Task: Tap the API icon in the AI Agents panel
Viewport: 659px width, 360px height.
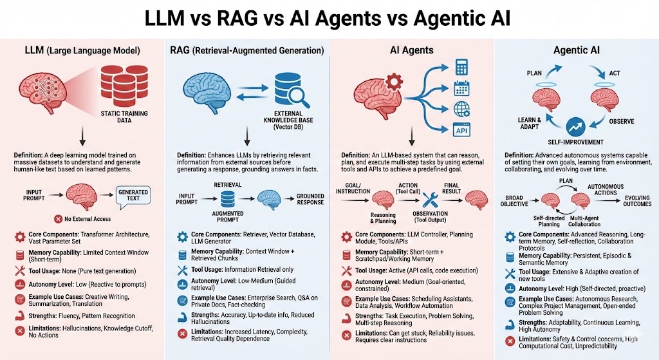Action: tap(461, 129)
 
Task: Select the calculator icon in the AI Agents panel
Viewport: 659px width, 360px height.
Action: tap(461, 67)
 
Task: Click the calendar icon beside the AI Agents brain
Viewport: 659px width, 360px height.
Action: tap(461, 88)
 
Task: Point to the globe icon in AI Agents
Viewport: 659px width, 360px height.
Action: tap(461, 108)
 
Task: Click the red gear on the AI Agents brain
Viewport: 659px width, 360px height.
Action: tap(394, 82)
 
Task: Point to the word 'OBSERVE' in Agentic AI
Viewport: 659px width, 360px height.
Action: tap(621, 121)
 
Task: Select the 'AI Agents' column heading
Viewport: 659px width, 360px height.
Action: tap(411, 50)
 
